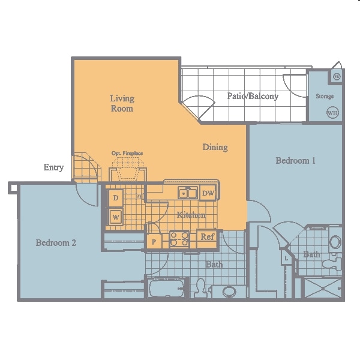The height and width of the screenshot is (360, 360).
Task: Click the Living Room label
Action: [x=122, y=103]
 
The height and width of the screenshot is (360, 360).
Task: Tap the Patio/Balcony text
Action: [x=253, y=96]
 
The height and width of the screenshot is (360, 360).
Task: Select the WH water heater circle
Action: [x=331, y=112]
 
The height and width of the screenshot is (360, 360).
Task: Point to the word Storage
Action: [x=325, y=96]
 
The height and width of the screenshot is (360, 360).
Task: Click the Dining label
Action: [x=215, y=147]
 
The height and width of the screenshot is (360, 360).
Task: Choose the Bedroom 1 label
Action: [x=295, y=161]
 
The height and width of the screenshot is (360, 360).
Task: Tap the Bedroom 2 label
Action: [x=56, y=243]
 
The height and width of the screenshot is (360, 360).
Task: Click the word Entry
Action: [x=53, y=167]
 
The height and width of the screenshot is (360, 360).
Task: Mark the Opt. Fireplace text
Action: [x=127, y=154]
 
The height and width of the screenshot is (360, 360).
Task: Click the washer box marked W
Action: [x=115, y=216]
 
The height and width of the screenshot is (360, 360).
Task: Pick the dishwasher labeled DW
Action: [x=208, y=193]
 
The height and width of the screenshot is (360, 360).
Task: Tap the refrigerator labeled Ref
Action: [x=207, y=237]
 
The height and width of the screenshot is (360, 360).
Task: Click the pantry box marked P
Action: [x=154, y=242]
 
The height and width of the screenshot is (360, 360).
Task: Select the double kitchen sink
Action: [x=187, y=193]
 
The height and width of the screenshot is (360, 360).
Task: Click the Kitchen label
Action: [x=191, y=215]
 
